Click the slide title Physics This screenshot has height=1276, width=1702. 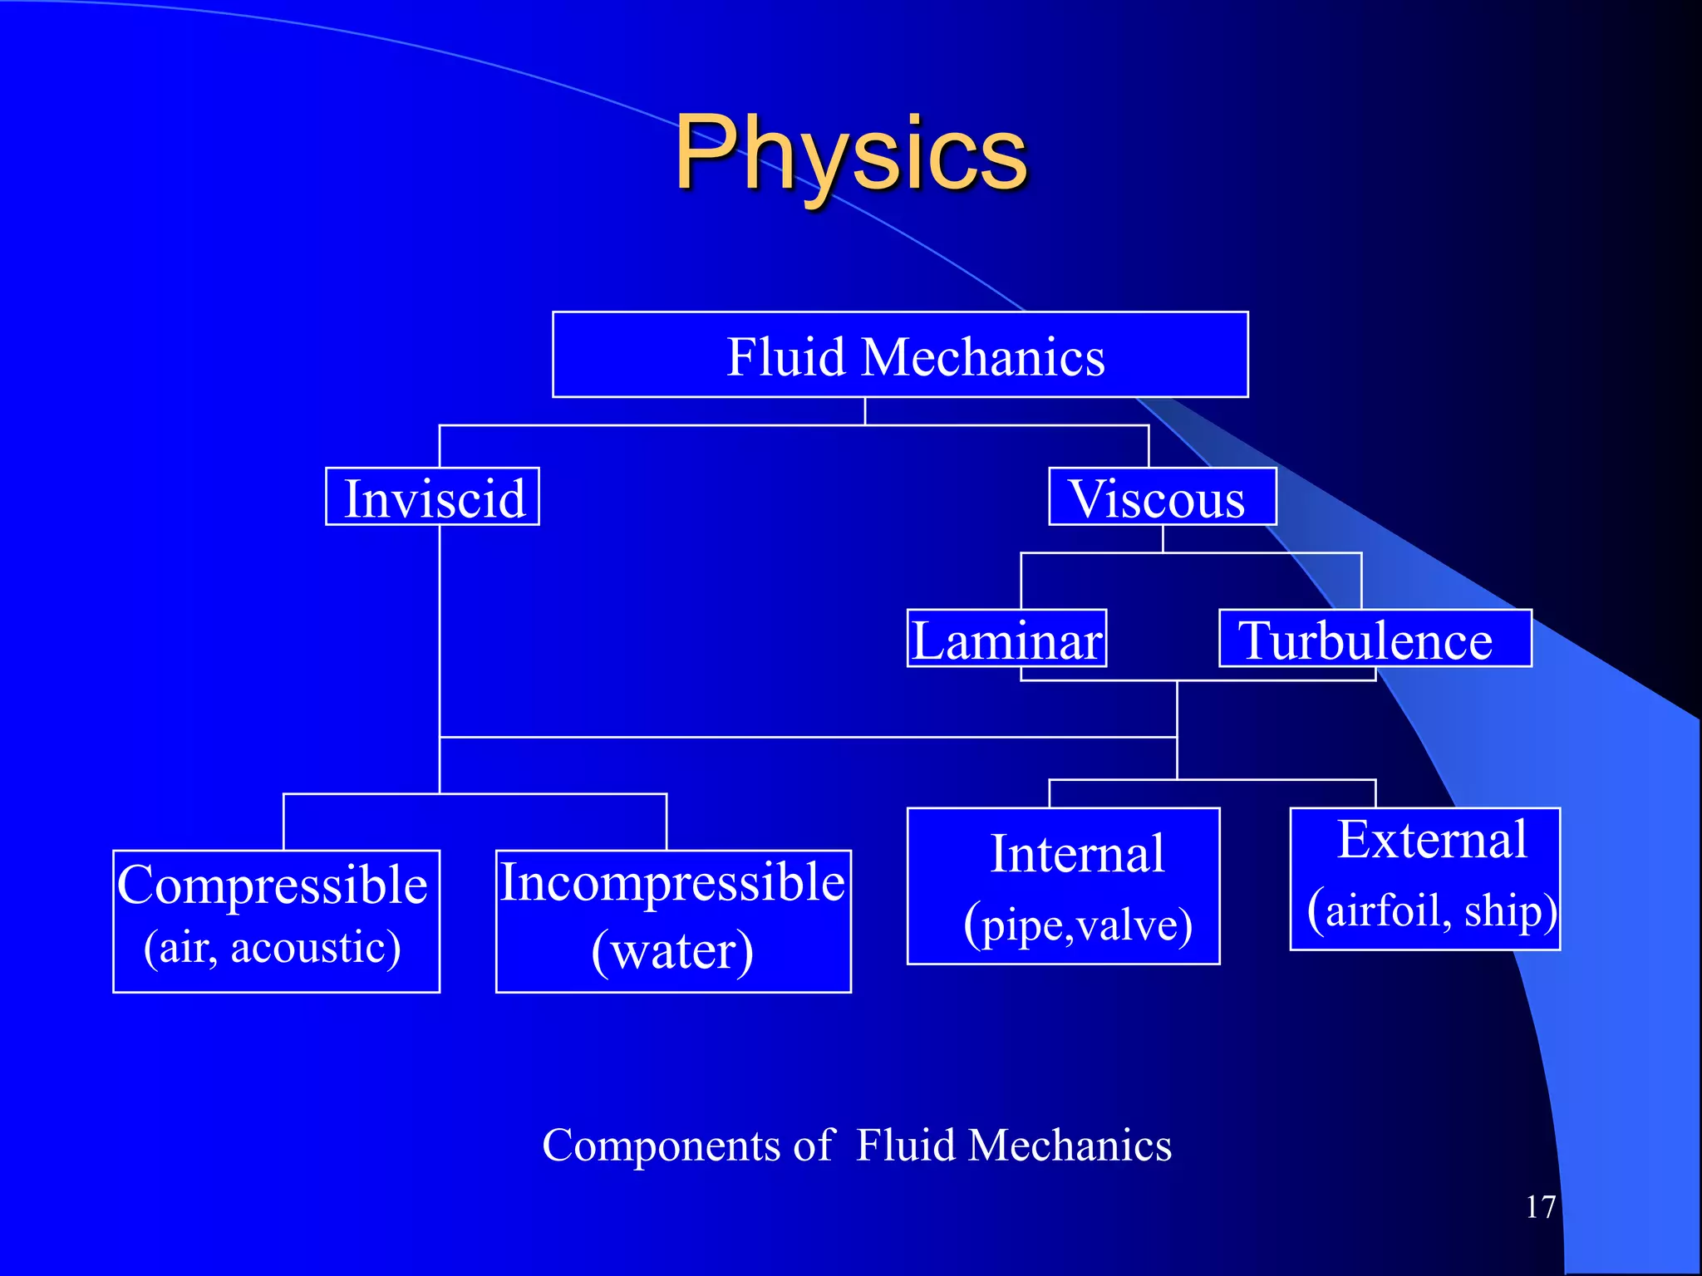(x=850, y=154)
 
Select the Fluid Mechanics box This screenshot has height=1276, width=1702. (x=900, y=355)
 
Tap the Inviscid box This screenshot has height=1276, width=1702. (x=432, y=497)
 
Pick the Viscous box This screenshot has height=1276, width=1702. (x=1162, y=497)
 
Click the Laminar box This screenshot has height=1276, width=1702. (x=1006, y=639)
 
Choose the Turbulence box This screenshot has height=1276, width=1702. (x=1375, y=639)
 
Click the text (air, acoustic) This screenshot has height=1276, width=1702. (x=273, y=947)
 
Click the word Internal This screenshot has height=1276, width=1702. (x=1077, y=854)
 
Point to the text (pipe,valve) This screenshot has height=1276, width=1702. (x=1078, y=924)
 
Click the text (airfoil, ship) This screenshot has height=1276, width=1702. (x=1431, y=910)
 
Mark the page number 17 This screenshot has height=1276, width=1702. (x=1540, y=1207)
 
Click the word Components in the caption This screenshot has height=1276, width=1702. (x=661, y=1146)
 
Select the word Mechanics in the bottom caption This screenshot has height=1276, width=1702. (x=1070, y=1146)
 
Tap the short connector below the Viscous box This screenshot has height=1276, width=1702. (x=1163, y=538)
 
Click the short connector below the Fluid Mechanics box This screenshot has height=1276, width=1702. (x=865, y=411)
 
